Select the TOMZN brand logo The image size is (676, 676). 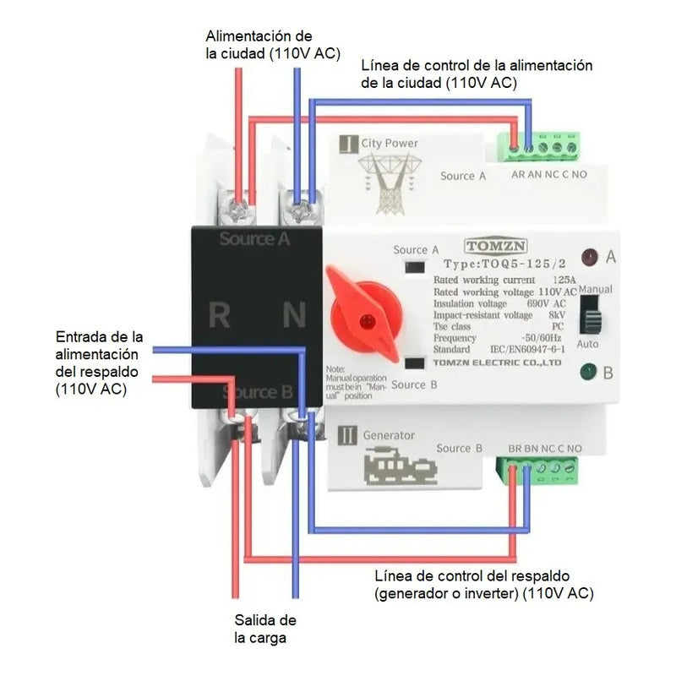point(495,246)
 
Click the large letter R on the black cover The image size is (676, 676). point(220,316)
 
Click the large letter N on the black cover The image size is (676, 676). point(293,316)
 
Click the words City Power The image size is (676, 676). point(390,143)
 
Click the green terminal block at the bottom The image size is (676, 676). point(537,469)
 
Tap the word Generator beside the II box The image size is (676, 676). point(389,435)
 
